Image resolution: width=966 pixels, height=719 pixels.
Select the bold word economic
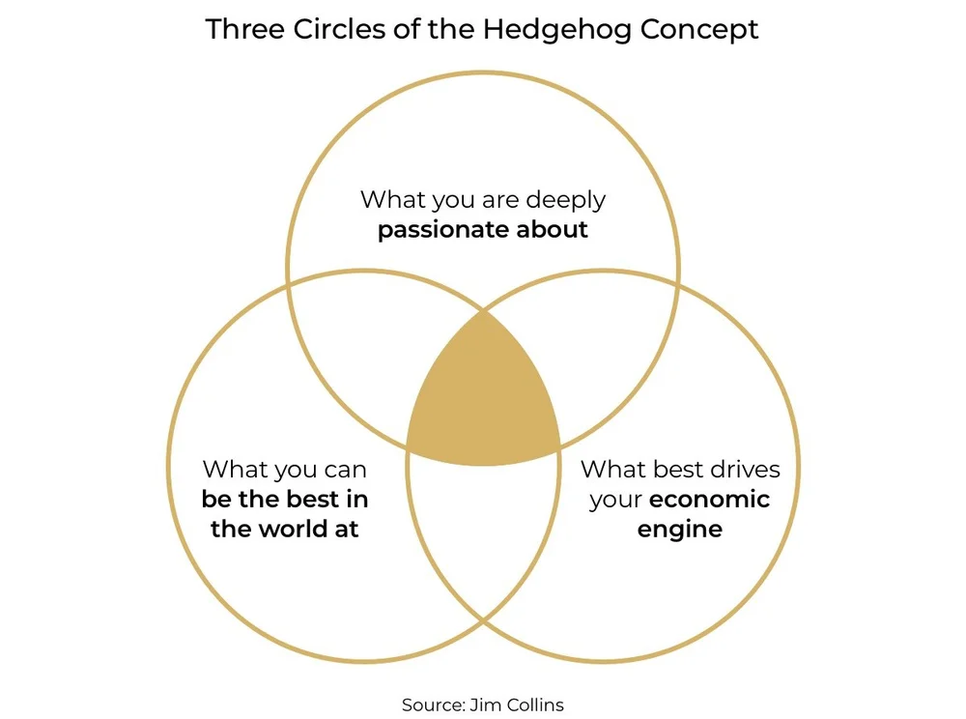pyautogui.click(x=709, y=500)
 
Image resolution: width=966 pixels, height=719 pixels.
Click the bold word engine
pyautogui.click(x=679, y=530)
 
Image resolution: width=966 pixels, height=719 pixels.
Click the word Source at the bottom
pyautogui.click(x=433, y=705)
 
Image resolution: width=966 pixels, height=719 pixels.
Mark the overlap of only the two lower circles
pyautogui.click(x=483, y=541)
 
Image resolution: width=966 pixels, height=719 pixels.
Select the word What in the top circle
pyautogui.click(x=392, y=201)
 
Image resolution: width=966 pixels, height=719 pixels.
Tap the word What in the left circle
pyautogui.click(x=235, y=470)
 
